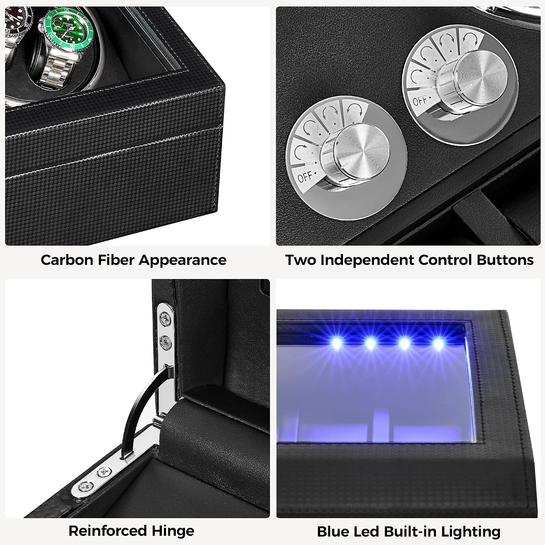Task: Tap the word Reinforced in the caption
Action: pyautogui.click(x=108, y=531)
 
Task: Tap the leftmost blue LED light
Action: pyautogui.click(x=336, y=343)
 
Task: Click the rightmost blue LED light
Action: pyautogui.click(x=438, y=343)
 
